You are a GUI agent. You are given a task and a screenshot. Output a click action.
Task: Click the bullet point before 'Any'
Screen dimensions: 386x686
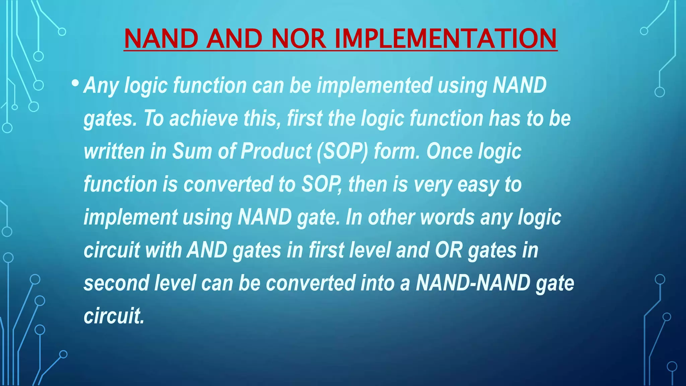point(75,82)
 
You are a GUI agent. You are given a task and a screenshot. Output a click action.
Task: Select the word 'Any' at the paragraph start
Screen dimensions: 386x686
point(101,86)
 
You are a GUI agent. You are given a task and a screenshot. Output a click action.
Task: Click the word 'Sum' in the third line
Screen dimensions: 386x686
point(192,151)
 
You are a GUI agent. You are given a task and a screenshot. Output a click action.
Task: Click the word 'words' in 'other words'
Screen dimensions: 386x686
point(447,217)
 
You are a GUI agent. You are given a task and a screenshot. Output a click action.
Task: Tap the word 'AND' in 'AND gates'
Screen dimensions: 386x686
point(207,250)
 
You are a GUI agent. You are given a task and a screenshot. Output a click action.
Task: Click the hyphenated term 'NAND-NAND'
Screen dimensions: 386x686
point(473,283)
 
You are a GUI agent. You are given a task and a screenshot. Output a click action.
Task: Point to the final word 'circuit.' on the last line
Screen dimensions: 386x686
point(114,316)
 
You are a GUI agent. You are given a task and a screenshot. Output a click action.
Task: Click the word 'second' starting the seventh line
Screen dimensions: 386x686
point(116,283)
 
